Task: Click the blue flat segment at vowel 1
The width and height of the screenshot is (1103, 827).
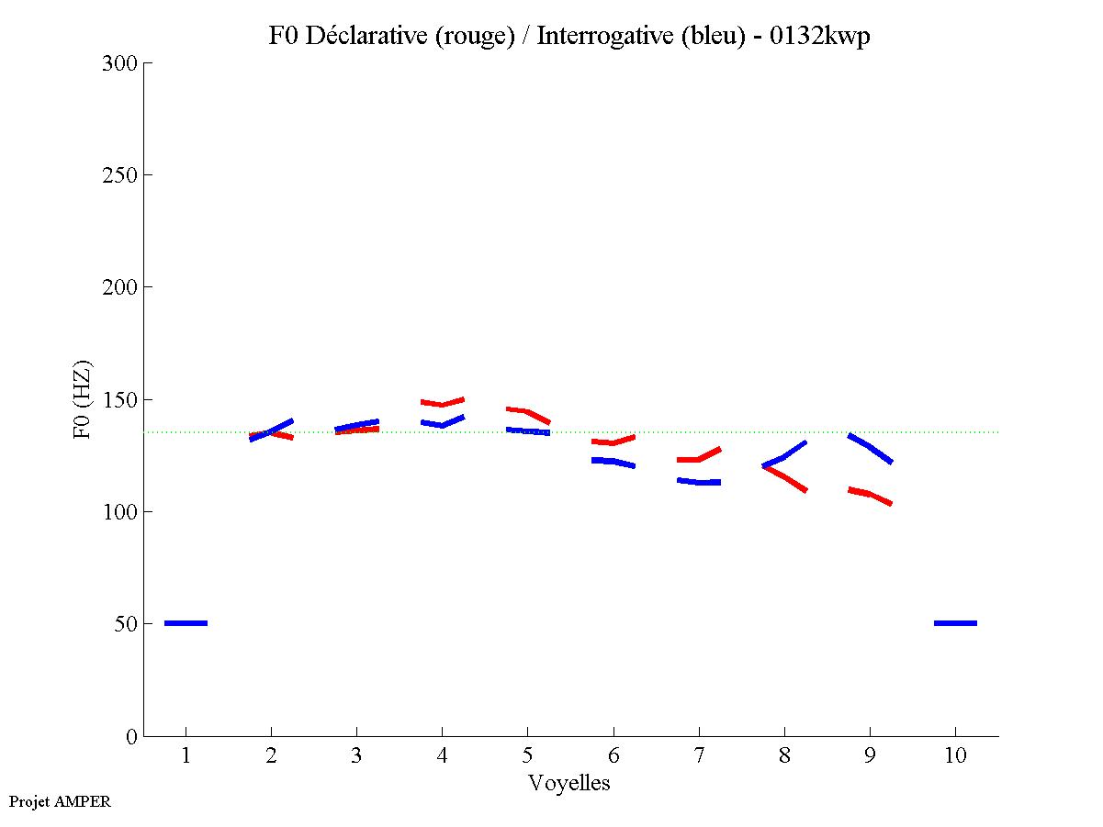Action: coord(186,623)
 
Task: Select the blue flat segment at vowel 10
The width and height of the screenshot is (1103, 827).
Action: coord(955,623)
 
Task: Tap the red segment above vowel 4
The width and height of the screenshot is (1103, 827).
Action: coord(443,402)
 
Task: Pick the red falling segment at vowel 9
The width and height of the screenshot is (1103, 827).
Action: coord(869,496)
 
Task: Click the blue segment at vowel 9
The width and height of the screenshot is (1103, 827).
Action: coord(870,447)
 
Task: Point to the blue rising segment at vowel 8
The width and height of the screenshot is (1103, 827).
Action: coord(783,455)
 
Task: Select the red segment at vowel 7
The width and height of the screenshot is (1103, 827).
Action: coord(698,456)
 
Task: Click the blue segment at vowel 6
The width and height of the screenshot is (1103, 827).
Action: coord(613,462)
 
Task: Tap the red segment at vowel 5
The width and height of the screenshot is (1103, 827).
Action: coord(527,413)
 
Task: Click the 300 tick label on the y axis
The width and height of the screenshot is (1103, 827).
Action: coord(119,63)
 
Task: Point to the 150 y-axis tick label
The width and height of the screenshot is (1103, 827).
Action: coord(119,400)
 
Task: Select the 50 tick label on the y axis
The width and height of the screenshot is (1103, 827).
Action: coord(125,624)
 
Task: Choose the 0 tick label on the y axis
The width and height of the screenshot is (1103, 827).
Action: coord(130,736)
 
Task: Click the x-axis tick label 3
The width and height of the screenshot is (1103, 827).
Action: coord(356,756)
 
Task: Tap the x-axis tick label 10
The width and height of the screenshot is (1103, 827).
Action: coord(955,756)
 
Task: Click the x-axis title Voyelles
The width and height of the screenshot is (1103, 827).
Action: coord(569,783)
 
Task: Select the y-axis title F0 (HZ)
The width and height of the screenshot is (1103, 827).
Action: coord(82,399)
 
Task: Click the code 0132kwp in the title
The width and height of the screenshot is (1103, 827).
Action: coord(823,36)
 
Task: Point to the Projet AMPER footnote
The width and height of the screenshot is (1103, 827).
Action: coord(60,801)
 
